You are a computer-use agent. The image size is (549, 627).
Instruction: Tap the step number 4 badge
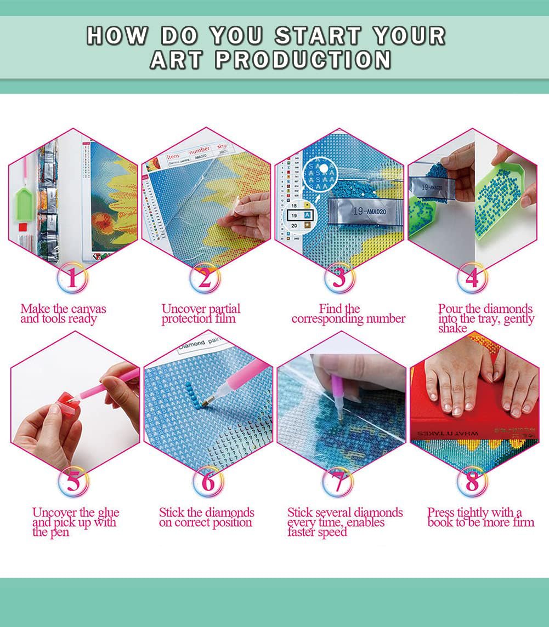(472, 278)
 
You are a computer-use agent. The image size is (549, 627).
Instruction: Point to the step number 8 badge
(472, 482)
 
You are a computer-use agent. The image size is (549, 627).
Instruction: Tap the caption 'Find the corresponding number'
(348, 314)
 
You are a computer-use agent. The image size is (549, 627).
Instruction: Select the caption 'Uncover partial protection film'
(201, 314)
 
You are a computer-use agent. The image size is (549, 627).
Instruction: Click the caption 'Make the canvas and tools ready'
(63, 314)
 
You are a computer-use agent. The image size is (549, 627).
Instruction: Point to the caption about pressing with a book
(480, 517)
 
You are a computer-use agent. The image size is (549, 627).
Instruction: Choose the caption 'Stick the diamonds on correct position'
(206, 517)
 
